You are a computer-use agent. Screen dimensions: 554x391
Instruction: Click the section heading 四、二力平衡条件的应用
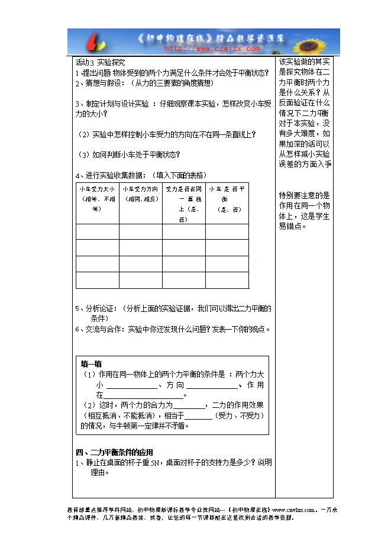pos(114,453)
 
